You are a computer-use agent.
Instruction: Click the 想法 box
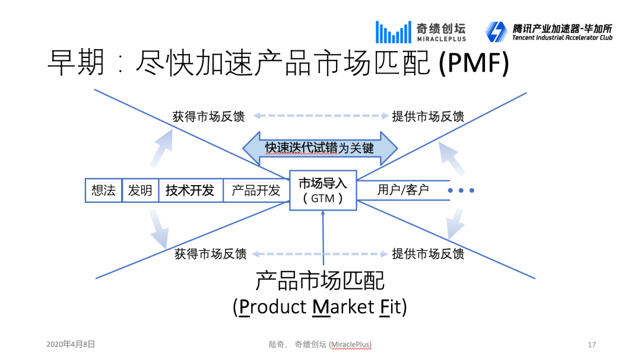[104, 190]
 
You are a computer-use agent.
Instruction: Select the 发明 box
[140, 190]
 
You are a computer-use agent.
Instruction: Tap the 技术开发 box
[190, 190]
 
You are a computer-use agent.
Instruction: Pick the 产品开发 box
[256, 190]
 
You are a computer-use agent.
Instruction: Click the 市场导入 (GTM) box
[323, 190]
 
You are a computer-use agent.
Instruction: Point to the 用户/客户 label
[404, 190]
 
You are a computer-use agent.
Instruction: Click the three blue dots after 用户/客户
[461, 190]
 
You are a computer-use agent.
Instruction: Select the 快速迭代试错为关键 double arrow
[320, 148]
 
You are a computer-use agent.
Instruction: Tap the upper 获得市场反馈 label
[208, 117]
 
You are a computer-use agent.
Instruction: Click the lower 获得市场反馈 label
[210, 254]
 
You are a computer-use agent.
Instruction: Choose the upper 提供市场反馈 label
[428, 117]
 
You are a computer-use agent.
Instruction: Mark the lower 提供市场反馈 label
[428, 254]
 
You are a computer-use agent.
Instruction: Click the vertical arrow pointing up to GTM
[323, 237]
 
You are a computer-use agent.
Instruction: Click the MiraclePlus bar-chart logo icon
[393, 32]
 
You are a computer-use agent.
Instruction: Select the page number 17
[591, 345]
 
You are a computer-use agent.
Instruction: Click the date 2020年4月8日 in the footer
[71, 344]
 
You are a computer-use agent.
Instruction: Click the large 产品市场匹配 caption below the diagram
[320, 280]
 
